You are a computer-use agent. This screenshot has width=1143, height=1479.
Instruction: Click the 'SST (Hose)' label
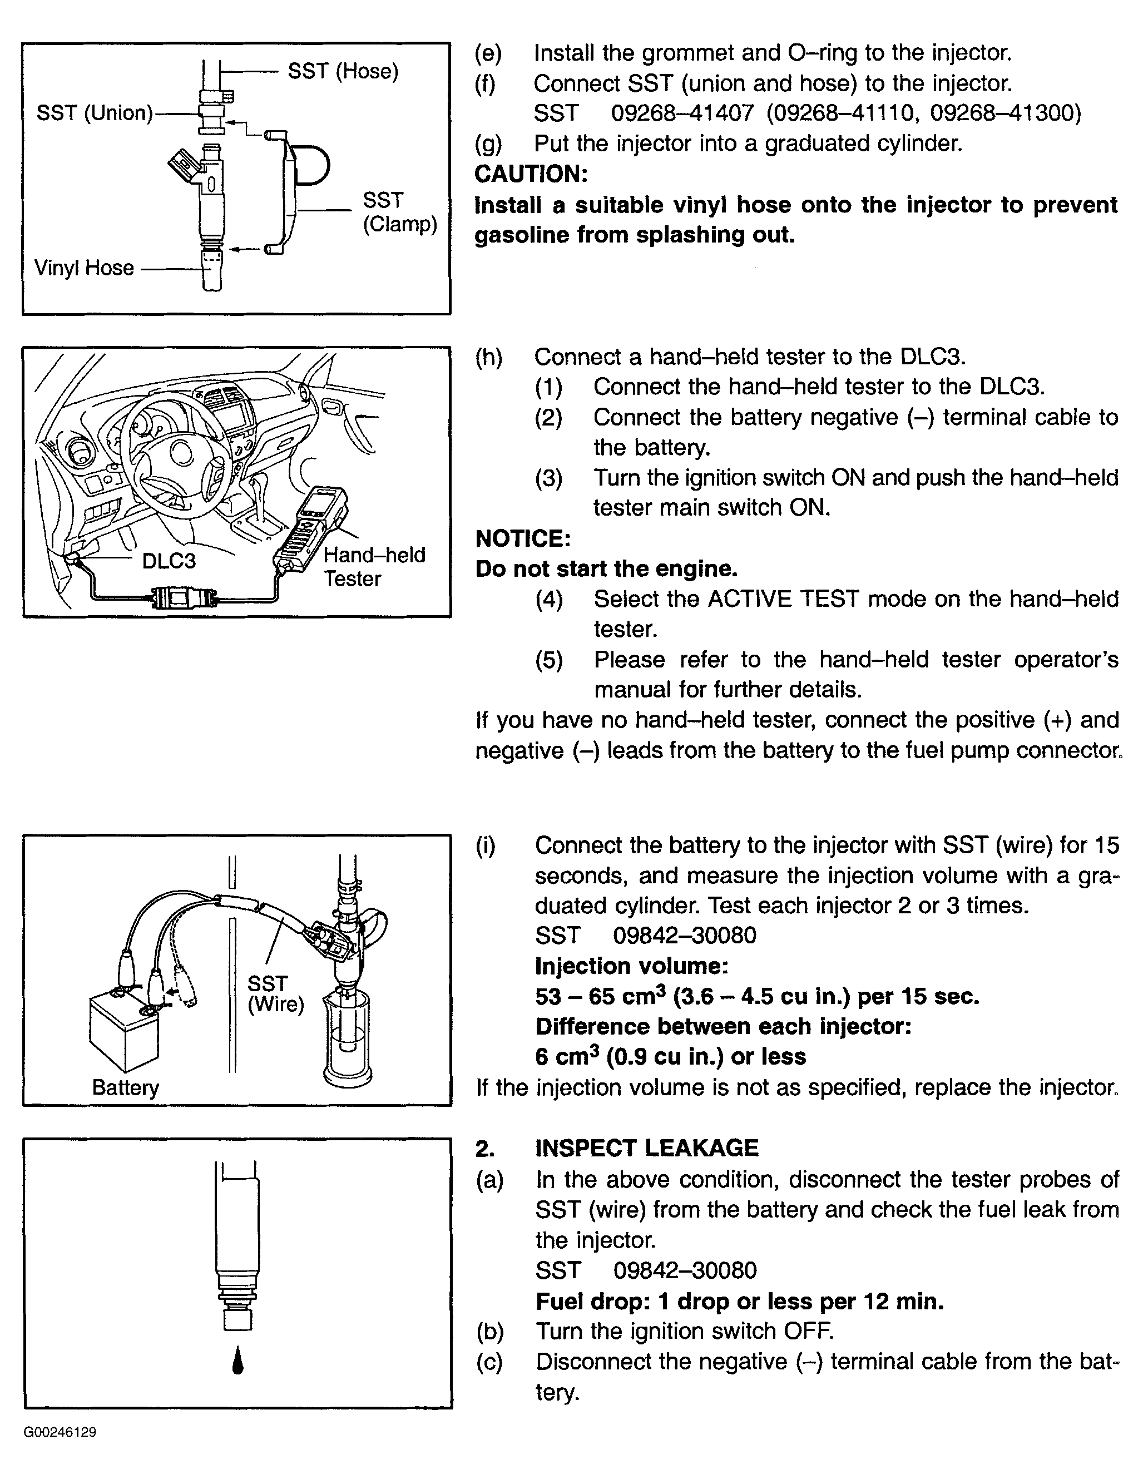(343, 71)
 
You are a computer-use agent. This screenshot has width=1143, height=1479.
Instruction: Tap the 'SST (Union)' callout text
(95, 112)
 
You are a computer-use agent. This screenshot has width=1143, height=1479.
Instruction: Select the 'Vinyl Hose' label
(84, 268)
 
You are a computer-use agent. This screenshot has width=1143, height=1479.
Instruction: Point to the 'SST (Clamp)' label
(399, 212)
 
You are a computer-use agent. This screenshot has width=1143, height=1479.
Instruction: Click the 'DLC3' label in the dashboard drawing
(169, 561)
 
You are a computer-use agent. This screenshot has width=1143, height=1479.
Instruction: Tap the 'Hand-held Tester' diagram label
(374, 567)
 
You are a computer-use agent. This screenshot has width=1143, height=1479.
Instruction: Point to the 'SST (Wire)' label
(275, 993)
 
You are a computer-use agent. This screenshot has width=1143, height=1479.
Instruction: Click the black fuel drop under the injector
(237, 1361)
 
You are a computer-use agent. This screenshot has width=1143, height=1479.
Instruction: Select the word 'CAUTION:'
(531, 174)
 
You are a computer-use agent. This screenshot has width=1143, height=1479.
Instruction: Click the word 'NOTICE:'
(523, 538)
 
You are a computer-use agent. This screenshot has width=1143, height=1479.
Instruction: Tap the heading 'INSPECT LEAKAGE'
(647, 1148)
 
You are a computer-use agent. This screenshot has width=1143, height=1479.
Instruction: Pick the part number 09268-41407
(682, 113)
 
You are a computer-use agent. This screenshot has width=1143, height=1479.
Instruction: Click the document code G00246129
(60, 1432)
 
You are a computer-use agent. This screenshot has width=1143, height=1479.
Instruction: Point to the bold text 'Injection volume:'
(631, 966)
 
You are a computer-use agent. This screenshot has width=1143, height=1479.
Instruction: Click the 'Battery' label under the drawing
(125, 1087)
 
